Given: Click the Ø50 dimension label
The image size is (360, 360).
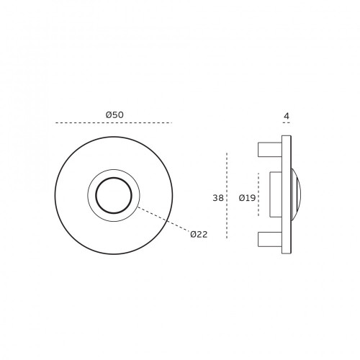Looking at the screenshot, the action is tap(114, 115).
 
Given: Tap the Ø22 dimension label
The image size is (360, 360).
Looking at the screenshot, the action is tap(199, 234).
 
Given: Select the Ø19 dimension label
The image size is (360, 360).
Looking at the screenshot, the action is tap(247, 198).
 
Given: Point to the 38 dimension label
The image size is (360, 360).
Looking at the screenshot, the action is tap(218, 198).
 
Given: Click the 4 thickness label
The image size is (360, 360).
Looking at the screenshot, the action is tap(287, 116).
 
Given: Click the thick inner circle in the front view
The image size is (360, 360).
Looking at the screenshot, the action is tap(114, 178).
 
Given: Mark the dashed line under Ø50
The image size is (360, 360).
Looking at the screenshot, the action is tap(114, 123).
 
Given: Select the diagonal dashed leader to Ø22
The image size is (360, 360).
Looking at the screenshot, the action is tap(164, 219).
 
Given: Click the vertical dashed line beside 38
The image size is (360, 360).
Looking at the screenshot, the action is tap(227, 195).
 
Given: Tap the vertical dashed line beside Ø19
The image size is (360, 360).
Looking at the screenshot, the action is tap(258, 194).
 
